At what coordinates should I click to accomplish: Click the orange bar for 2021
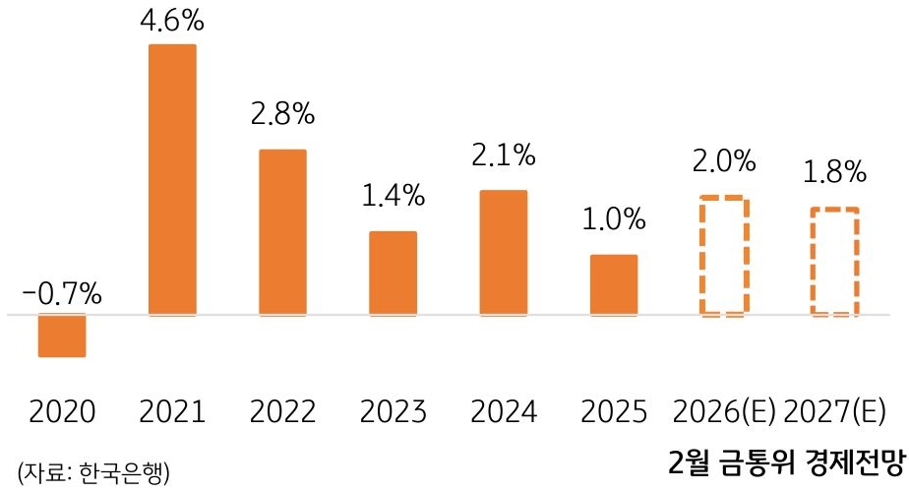tap(172, 180)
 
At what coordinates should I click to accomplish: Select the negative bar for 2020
tap(62, 336)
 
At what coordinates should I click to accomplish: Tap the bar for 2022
tap(282, 232)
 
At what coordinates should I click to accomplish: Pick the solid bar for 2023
tap(393, 274)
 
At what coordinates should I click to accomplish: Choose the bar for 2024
tap(504, 253)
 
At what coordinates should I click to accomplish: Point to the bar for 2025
tap(614, 285)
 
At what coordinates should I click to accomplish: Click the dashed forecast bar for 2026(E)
tap(724, 257)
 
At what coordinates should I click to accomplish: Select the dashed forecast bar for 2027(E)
tap(834, 262)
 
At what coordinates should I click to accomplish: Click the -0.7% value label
tap(62, 293)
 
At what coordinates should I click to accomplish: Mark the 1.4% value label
tap(393, 195)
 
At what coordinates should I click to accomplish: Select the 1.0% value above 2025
tap(614, 219)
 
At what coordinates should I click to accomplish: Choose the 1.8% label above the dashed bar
tap(834, 172)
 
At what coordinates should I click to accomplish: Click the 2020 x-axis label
tap(62, 410)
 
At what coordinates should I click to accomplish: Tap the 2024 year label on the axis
tap(504, 410)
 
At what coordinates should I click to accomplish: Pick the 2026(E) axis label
tap(724, 410)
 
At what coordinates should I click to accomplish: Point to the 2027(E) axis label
tap(837, 410)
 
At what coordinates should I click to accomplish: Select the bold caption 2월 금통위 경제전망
tap(784, 461)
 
